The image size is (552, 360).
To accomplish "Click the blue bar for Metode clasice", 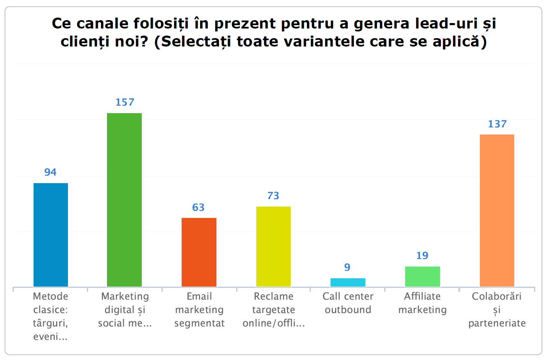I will point(50,235).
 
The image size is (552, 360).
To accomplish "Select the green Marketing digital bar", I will point(124,200).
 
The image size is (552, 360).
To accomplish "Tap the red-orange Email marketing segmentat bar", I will point(199,252).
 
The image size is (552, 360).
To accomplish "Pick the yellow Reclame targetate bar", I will point(273,246).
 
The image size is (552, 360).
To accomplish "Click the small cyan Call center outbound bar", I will point(348,282).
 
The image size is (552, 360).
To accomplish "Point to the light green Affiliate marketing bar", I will point(422,277).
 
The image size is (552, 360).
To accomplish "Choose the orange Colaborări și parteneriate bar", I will point(497,210).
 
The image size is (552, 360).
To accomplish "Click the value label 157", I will point(124,103).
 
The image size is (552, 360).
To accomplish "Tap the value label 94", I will point(50,172).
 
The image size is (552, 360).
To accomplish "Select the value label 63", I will point(198,207).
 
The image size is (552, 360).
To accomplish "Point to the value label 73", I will point(273,196).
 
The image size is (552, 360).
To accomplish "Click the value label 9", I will point(348,267).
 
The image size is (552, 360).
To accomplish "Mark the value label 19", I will point(422,256).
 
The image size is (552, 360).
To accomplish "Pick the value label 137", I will point(497,124).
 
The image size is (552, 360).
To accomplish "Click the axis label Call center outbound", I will point(348,303).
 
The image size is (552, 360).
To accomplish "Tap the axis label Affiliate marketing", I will point(422,303).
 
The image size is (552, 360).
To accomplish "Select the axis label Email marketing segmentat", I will point(199,310).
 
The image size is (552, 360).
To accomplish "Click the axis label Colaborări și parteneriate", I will point(497,310).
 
